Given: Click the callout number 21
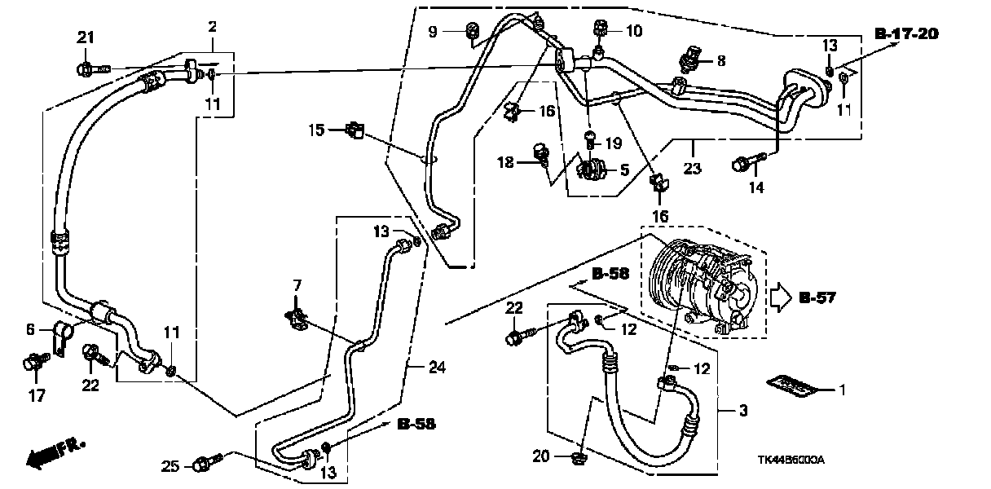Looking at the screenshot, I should coord(86,37).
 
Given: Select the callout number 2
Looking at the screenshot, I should coord(212,27).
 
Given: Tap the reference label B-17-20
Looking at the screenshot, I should coord(906,34).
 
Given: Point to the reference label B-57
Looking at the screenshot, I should coord(817,298).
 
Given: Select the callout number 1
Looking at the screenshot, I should coord(842,390).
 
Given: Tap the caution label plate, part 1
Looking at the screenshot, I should coord(791,386).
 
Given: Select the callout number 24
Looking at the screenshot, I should coord(437,367).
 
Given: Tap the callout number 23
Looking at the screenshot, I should coord(692,170).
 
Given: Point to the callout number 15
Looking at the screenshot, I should coord(317,130).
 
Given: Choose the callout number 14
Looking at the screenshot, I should coord(756,187).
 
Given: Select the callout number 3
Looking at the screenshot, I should coord(742,412).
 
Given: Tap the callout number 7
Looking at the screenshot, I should coord(297,285).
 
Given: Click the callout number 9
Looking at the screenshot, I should coord(433,32).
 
